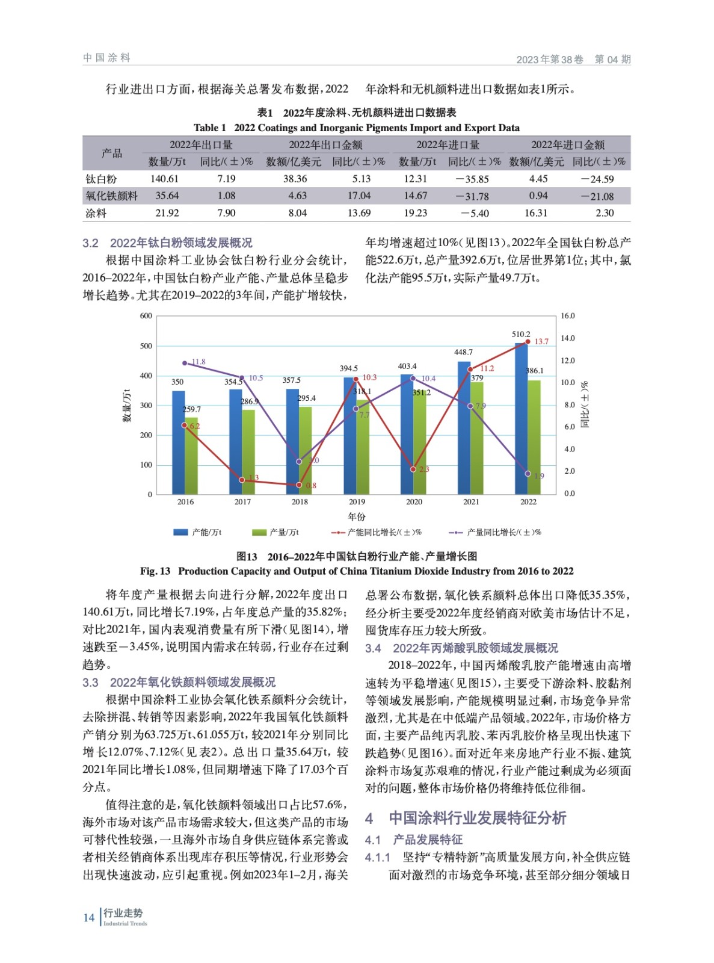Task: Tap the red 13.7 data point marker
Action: click(528, 342)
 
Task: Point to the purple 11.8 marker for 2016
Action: click(185, 363)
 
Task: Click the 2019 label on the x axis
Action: click(357, 501)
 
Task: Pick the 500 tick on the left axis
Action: click(146, 346)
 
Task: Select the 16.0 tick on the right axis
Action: click(568, 316)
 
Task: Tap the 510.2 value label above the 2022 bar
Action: click(521, 334)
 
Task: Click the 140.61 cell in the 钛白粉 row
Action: click(164, 179)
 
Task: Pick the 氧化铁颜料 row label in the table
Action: click(111, 196)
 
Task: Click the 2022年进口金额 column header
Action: click(567, 144)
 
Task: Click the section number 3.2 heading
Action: click(90, 243)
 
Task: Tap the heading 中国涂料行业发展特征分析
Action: click(477, 818)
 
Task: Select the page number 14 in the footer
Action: click(88, 917)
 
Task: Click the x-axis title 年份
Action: click(356, 516)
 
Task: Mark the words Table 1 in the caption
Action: click(209, 128)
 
